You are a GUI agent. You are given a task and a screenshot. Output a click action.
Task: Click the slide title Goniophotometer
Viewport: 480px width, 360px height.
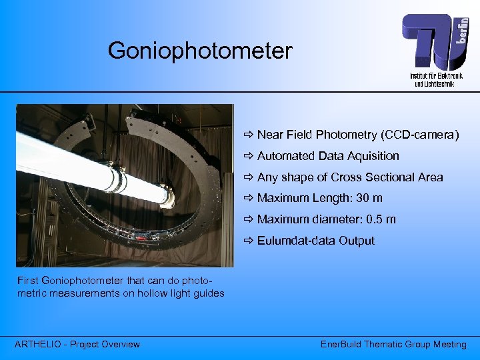(x=200, y=50)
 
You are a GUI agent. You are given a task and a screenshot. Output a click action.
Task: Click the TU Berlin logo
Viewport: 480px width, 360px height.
(x=434, y=41)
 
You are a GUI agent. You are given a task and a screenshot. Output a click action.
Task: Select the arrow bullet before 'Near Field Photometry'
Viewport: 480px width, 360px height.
(x=249, y=135)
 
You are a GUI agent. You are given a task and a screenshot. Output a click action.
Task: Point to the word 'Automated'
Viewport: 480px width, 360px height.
(x=283, y=156)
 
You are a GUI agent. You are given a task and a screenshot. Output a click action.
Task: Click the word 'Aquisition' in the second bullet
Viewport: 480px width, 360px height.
(x=371, y=156)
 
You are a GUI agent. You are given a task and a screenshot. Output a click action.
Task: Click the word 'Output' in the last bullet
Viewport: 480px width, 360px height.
(x=356, y=241)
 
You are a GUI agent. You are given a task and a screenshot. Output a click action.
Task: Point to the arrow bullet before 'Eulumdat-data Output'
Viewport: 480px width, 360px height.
(x=249, y=241)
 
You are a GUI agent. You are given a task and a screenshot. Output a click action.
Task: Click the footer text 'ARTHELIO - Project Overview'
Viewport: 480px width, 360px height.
(x=77, y=344)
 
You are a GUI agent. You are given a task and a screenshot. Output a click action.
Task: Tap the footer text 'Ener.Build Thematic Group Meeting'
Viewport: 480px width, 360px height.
(x=393, y=344)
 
